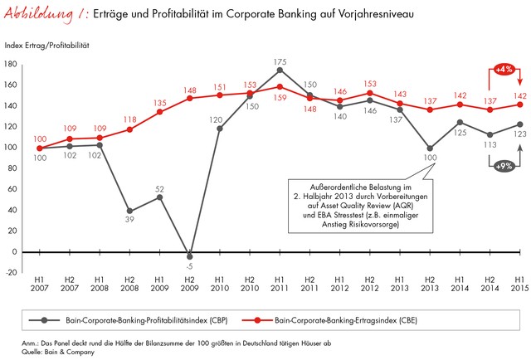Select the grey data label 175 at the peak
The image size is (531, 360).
pyautogui.click(x=280, y=61)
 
